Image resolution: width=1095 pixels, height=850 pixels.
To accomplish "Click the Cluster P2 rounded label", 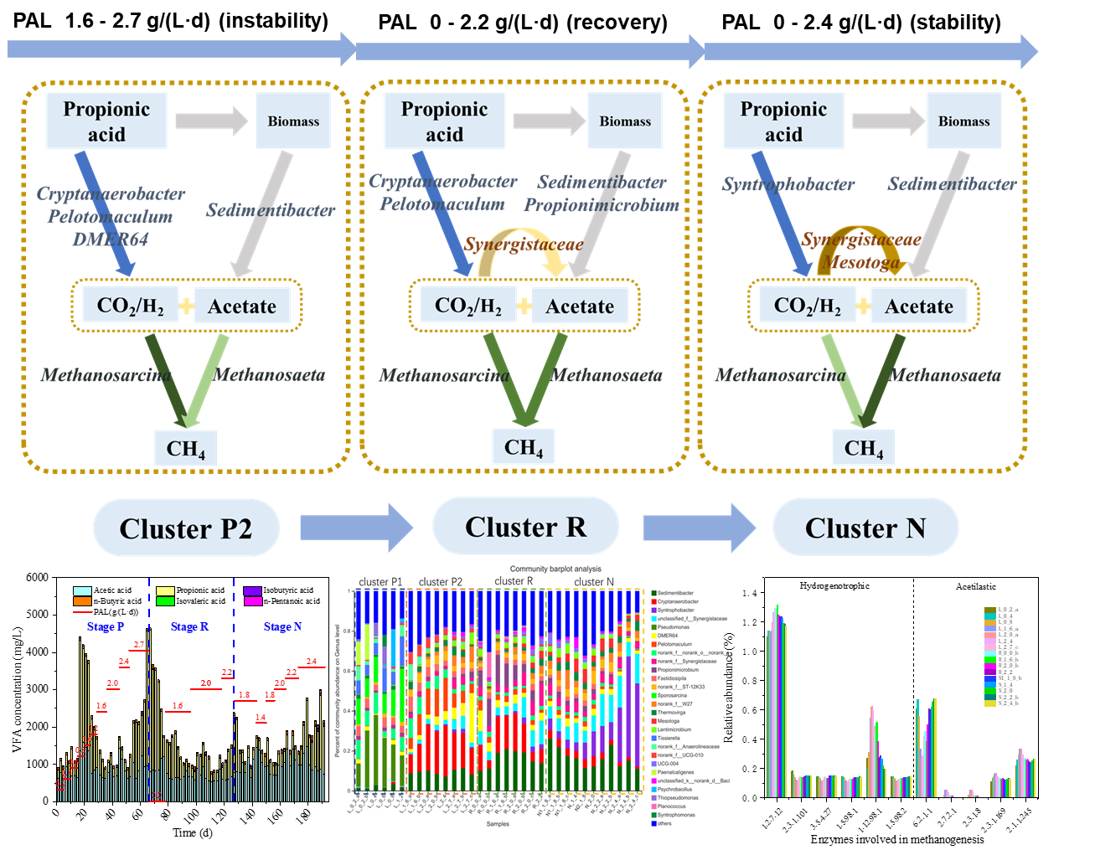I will coord(185,528).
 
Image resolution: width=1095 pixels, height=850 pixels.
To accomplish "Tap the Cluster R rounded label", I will coord(525,527).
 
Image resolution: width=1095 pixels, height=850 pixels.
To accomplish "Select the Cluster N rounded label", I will coord(865,528).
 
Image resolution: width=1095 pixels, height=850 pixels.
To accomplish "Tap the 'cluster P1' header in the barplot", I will coord(380,582).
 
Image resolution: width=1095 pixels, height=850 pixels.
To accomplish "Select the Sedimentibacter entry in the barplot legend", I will coord(676,593).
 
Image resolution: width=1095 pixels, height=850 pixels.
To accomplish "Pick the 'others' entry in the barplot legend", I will coord(664,824).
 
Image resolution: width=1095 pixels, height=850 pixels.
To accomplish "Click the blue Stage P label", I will coord(105,627).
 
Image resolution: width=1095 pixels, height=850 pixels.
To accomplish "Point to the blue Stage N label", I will coord(282,627).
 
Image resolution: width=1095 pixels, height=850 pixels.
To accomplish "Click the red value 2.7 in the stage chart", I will coord(139,646).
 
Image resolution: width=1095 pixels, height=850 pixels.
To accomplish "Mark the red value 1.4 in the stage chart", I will coord(261,718).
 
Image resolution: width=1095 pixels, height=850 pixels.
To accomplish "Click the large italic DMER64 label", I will coord(110,240).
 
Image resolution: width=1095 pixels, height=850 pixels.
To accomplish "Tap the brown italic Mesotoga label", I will coord(860,262).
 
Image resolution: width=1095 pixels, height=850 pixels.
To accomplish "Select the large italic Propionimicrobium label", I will coord(602,205).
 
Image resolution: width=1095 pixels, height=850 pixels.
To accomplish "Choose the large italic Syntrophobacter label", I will coord(788,185).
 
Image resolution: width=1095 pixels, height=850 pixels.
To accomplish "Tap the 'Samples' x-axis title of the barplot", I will coord(498,824).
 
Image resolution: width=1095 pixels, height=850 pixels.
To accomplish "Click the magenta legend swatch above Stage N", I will coord(253,601).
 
